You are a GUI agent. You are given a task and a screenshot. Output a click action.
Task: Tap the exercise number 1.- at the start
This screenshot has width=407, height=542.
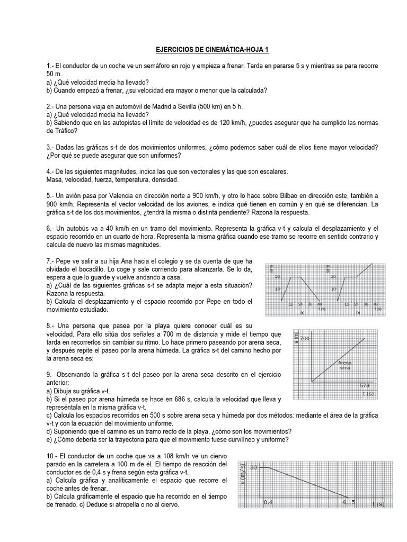point(51,66)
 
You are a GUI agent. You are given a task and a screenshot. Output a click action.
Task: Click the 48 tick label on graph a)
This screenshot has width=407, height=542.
point(319,304)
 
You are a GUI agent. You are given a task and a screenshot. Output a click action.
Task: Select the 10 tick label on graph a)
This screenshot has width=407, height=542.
point(277,289)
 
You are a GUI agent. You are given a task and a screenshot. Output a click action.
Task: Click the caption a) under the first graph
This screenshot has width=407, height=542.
point(303,313)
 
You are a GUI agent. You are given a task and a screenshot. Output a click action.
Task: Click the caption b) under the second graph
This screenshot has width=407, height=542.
point(358,313)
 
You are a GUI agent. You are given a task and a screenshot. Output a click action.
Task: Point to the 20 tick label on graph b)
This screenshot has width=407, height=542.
point(334,276)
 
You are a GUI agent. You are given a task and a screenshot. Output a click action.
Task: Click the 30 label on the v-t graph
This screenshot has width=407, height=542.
point(254,468)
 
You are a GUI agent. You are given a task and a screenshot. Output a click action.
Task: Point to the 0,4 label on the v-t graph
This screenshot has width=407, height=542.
point(269,502)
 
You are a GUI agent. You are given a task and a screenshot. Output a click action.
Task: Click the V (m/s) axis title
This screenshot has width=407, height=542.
point(243,481)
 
